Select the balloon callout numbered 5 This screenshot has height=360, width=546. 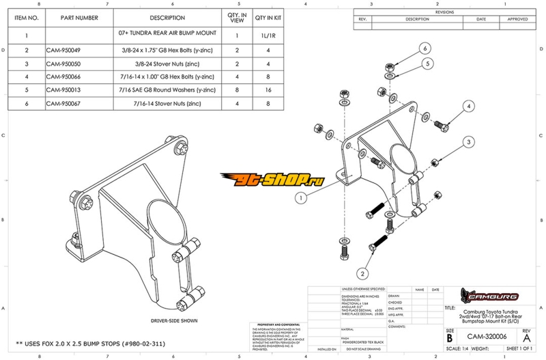click(428, 64)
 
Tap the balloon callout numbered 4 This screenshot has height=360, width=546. click(470, 107)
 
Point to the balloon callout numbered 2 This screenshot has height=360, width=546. click(364, 272)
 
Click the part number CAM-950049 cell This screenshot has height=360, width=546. click(63, 51)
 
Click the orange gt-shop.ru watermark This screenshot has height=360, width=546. click(273, 179)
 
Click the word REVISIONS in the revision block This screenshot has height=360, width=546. click(444, 12)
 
